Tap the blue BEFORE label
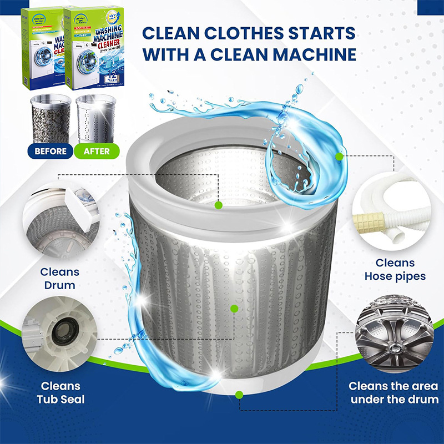(51, 150)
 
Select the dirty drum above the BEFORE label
(51, 117)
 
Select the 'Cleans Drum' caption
(59, 279)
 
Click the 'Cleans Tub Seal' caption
(59, 392)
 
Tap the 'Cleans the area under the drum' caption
(393, 392)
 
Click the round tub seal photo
(59, 335)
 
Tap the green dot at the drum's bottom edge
(239, 395)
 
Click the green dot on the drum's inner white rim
(219, 205)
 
